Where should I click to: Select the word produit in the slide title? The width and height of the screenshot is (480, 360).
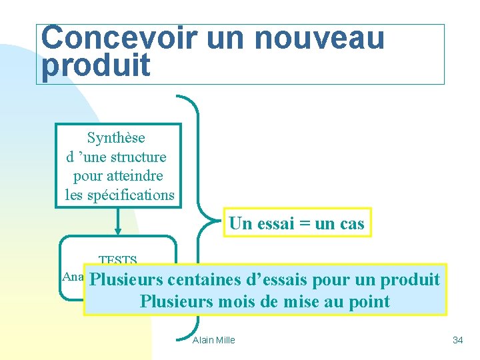96,66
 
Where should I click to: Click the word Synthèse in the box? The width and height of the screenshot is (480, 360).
116,138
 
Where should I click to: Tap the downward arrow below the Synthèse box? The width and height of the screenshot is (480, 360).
118,227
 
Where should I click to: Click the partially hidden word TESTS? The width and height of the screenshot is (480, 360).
117,260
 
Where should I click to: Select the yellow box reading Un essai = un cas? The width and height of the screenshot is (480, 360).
297,223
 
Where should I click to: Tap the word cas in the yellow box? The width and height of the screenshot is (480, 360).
352,224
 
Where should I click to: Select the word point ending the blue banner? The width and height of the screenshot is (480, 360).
369,301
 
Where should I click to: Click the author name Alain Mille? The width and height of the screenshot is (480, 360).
213,340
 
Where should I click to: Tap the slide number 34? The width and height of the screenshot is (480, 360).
457,340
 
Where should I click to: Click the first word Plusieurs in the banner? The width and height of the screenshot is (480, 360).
127,279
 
